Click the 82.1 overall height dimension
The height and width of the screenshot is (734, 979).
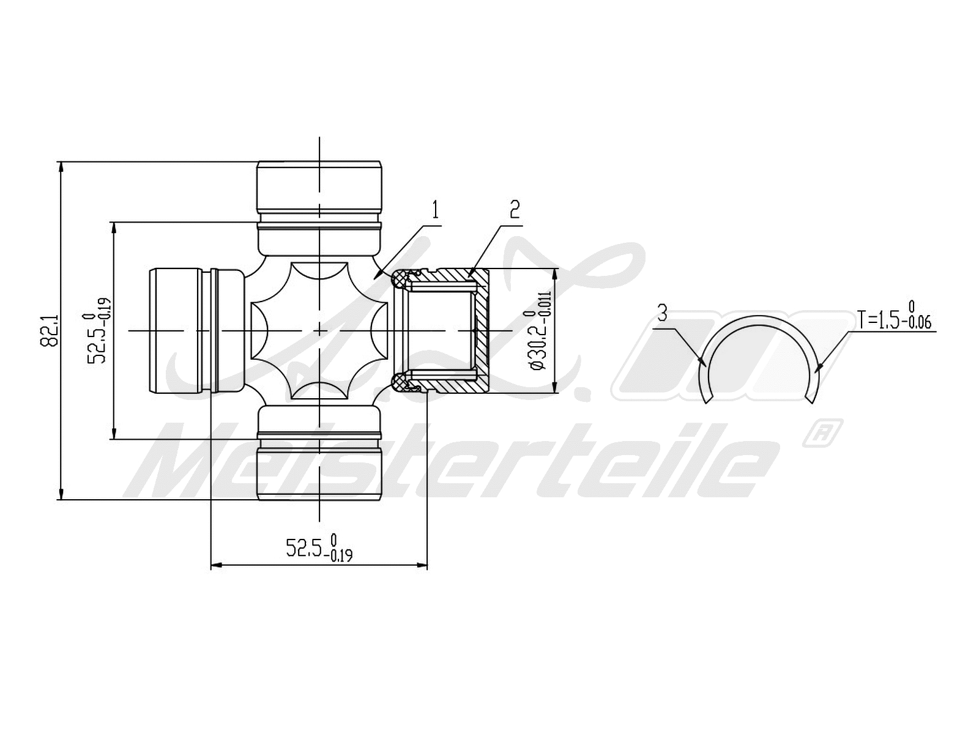49,331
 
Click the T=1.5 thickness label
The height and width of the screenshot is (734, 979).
894,319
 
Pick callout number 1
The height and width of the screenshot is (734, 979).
435,210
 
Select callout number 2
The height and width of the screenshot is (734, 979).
515,210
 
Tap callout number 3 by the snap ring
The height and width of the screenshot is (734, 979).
663,314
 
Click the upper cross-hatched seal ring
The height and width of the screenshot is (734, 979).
401,280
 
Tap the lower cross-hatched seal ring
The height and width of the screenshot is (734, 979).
401,382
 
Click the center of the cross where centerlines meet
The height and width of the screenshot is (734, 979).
319,330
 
